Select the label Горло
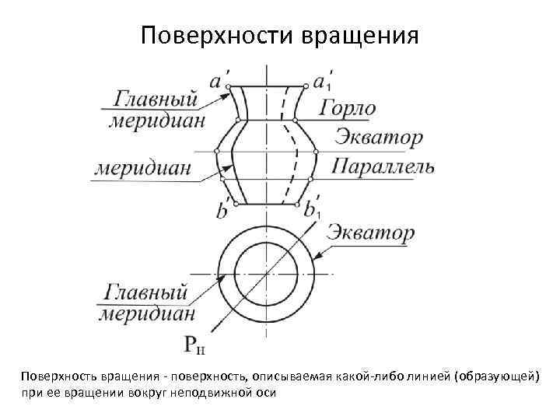pos(348,108)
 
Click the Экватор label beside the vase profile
pos(379,138)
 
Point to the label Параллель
pos(383,166)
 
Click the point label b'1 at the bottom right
pos(313,210)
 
